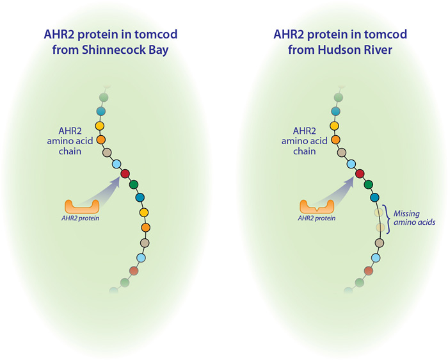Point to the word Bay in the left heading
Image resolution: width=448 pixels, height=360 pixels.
[x=159, y=51]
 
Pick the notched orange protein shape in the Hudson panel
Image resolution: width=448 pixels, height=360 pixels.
[x=317, y=208]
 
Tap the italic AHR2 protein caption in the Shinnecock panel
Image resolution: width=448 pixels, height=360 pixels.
[x=80, y=218]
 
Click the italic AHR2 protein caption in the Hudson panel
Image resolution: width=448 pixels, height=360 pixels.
[x=317, y=218]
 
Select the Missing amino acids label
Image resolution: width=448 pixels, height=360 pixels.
[x=414, y=218]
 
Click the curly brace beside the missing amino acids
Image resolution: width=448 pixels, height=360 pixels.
[x=387, y=219]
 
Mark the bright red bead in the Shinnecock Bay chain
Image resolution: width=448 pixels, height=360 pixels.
[x=125, y=174]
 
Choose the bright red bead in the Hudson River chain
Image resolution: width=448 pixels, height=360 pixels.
[x=360, y=174]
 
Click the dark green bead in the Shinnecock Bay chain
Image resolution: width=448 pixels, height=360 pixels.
[x=134, y=184]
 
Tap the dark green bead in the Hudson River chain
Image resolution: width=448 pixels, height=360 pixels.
[x=369, y=184]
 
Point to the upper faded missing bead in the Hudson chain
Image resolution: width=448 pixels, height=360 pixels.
[x=379, y=213]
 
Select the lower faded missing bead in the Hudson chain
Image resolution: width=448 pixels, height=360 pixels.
[x=380, y=227]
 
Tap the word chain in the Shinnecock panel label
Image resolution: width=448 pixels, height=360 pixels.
[x=70, y=151]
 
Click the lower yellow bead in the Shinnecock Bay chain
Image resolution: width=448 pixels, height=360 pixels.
[x=144, y=213]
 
